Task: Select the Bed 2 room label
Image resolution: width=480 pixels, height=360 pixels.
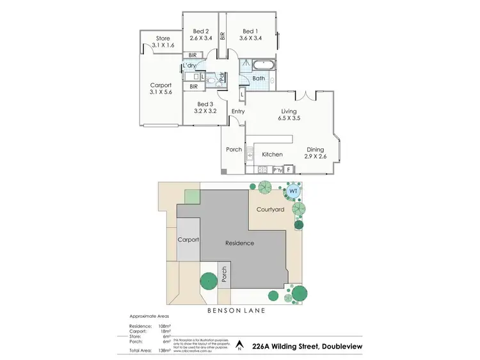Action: click(x=201, y=34)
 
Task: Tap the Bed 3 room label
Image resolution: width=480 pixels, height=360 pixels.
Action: click(x=204, y=108)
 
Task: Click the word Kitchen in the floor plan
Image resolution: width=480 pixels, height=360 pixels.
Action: click(x=272, y=154)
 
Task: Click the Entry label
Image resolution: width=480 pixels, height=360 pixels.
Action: click(x=237, y=112)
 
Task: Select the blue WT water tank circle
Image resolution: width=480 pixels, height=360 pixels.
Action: click(x=293, y=191)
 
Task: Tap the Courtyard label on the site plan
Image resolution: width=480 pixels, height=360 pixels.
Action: click(x=270, y=210)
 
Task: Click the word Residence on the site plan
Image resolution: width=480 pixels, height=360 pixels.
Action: click(x=239, y=243)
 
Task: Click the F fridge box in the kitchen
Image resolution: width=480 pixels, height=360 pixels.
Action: click(x=289, y=170)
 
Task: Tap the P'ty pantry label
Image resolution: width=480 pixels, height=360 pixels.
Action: click(x=278, y=170)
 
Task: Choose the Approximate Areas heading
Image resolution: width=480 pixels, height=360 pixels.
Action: click(x=149, y=317)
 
